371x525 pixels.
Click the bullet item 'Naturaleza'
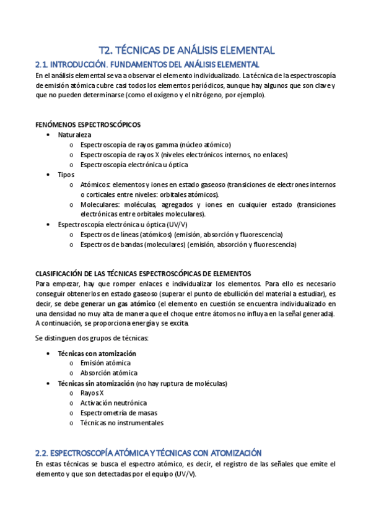click(75, 134)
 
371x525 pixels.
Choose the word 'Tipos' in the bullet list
click(66, 175)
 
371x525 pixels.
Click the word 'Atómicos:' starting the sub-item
click(95, 184)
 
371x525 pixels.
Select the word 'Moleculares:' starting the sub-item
click(100, 204)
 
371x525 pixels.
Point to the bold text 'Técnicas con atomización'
click(97, 354)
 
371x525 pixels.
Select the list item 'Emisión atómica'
click(105, 363)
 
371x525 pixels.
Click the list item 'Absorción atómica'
click(109, 373)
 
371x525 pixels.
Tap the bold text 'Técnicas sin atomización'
click(96, 383)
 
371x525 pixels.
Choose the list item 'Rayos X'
click(92, 393)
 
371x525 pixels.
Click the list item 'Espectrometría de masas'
click(119, 413)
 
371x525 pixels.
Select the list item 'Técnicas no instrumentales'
click(122, 423)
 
